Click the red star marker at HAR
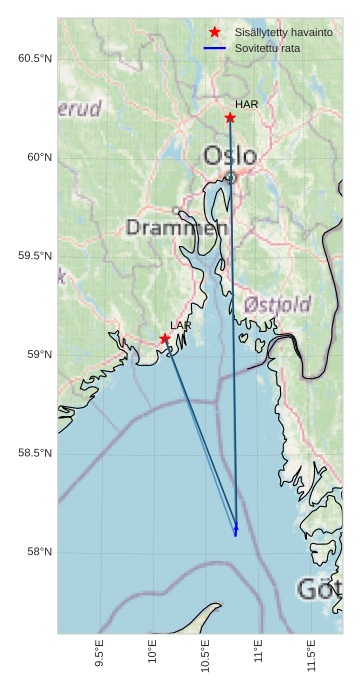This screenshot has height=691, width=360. (x=230, y=118)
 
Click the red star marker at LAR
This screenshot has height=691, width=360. (x=165, y=339)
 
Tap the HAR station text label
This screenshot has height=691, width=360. (x=247, y=104)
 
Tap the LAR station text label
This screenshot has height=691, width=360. (x=181, y=326)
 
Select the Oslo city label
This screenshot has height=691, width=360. (x=230, y=156)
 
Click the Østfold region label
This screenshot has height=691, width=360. (x=277, y=304)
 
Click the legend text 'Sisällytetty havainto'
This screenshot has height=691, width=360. (x=284, y=33)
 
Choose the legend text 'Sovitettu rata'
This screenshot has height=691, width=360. (x=267, y=48)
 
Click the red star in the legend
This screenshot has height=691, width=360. (x=215, y=33)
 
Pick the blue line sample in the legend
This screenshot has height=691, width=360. (x=215, y=48)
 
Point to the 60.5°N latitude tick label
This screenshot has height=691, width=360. (x=34, y=58)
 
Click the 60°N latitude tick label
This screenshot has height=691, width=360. (x=38, y=157)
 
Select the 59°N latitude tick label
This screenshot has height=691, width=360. (x=38, y=355)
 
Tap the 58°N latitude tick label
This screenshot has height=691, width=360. (x=38, y=552)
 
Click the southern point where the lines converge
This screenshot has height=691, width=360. (x=236, y=531)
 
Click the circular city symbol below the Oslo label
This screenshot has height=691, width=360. (x=230, y=177)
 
